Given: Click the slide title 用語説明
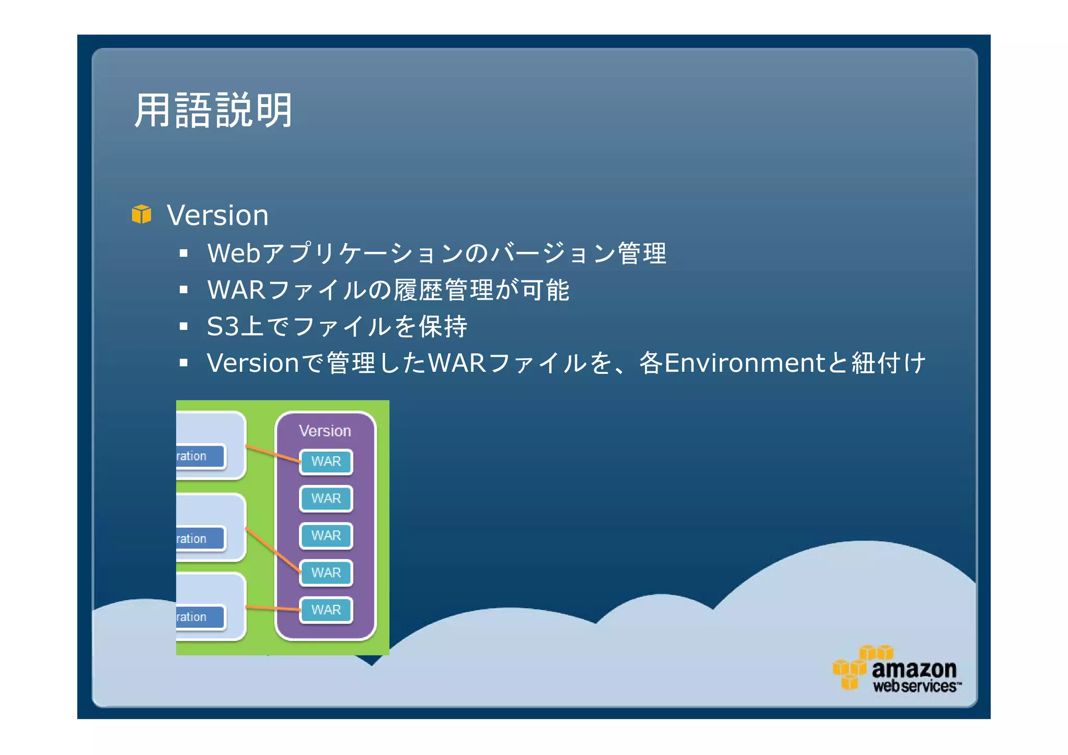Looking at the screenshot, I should point(213,111).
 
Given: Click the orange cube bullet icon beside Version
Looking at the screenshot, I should point(141,214).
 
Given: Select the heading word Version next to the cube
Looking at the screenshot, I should point(217,215).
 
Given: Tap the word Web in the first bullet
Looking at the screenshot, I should point(233,253).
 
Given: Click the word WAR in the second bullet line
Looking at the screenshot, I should point(236,290).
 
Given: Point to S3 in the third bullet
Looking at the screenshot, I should point(222,326).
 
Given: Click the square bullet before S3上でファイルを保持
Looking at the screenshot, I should point(183,326).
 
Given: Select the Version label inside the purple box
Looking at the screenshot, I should point(325,431).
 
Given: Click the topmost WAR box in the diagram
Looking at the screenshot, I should point(326,461).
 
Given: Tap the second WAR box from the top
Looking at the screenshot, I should point(326,498).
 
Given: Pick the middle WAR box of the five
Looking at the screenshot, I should point(326,535).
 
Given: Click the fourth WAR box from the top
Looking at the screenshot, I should point(326,573).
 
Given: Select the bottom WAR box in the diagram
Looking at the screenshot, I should point(326,610).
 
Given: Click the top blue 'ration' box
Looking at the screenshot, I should point(200,456).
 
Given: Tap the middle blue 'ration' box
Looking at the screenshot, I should point(200,539).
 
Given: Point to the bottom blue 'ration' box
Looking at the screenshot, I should point(200,617).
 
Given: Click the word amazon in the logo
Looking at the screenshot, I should point(914,669).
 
